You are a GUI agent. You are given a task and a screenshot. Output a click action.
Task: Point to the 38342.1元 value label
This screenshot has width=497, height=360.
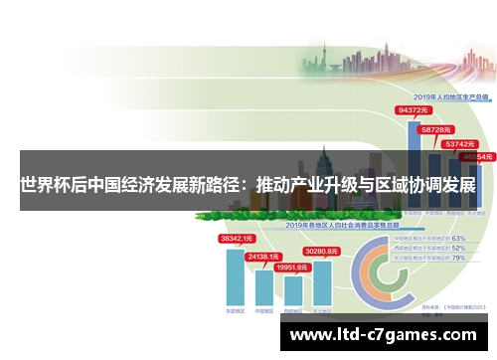[x=237, y=239]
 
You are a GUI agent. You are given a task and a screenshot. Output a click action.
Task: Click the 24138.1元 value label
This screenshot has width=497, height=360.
[x=264, y=257]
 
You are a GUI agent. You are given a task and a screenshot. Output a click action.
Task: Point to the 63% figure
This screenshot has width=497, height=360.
[x=458, y=239]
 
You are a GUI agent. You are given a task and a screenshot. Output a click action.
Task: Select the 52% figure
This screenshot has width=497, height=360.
[x=458, y=248]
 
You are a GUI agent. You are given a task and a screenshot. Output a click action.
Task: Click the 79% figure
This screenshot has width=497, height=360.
[x=458, y=258]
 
